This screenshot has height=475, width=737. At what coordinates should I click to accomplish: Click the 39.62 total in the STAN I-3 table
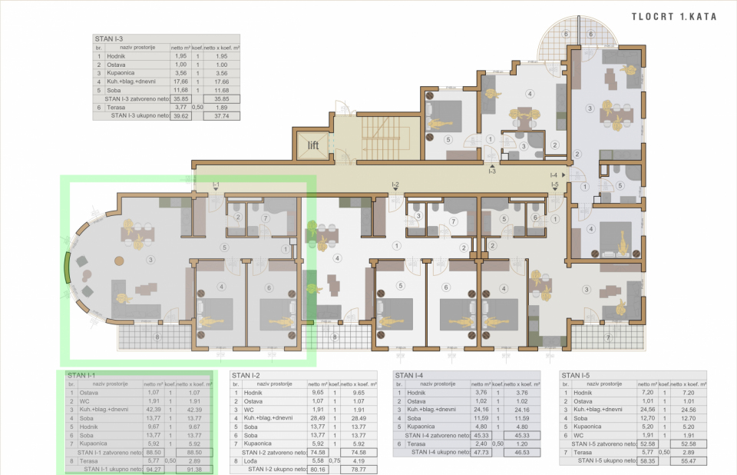pyautogui.click(x=182, y=116)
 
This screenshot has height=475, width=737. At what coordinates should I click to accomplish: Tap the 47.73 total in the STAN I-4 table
pyautogui.click(x=482, y=453)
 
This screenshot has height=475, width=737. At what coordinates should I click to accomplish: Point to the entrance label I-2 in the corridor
pyautogui.click(x=395, y=184)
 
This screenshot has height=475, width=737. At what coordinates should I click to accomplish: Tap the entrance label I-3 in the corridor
pyautogui.click(x=492, y=171)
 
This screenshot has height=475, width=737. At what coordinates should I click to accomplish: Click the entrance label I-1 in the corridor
pyautogui.click(x=216, y=184)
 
